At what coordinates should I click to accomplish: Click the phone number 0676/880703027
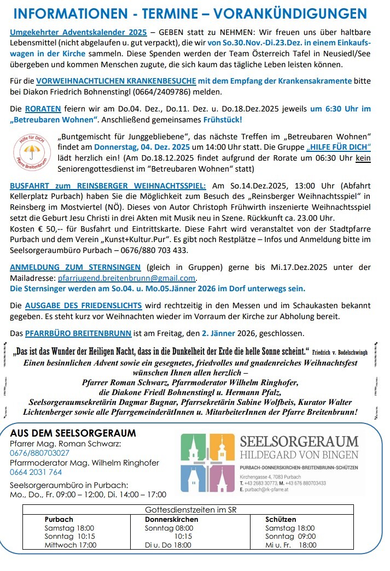(x=40, y=453)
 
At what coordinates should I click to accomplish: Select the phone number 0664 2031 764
(x=37, y=472)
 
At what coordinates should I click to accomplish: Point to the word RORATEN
(x=43, y=109)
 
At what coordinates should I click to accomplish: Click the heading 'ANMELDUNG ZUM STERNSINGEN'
(x=75, y=267)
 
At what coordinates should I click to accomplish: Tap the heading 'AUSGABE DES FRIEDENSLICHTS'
(x=83, y=305)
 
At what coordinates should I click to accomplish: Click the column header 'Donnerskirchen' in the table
(x=171, y=520)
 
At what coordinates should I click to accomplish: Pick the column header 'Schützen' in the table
(x=281, y=520)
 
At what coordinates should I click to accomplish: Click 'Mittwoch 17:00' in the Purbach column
(x=70, y=545)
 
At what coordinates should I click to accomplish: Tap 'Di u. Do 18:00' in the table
(x=168, y=545)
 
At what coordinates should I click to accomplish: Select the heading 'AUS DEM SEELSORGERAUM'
(x=73, y=433)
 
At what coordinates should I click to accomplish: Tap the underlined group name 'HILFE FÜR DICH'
(x=339, y=147)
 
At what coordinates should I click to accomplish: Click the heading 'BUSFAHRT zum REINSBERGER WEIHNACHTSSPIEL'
(x=108, y=186)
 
